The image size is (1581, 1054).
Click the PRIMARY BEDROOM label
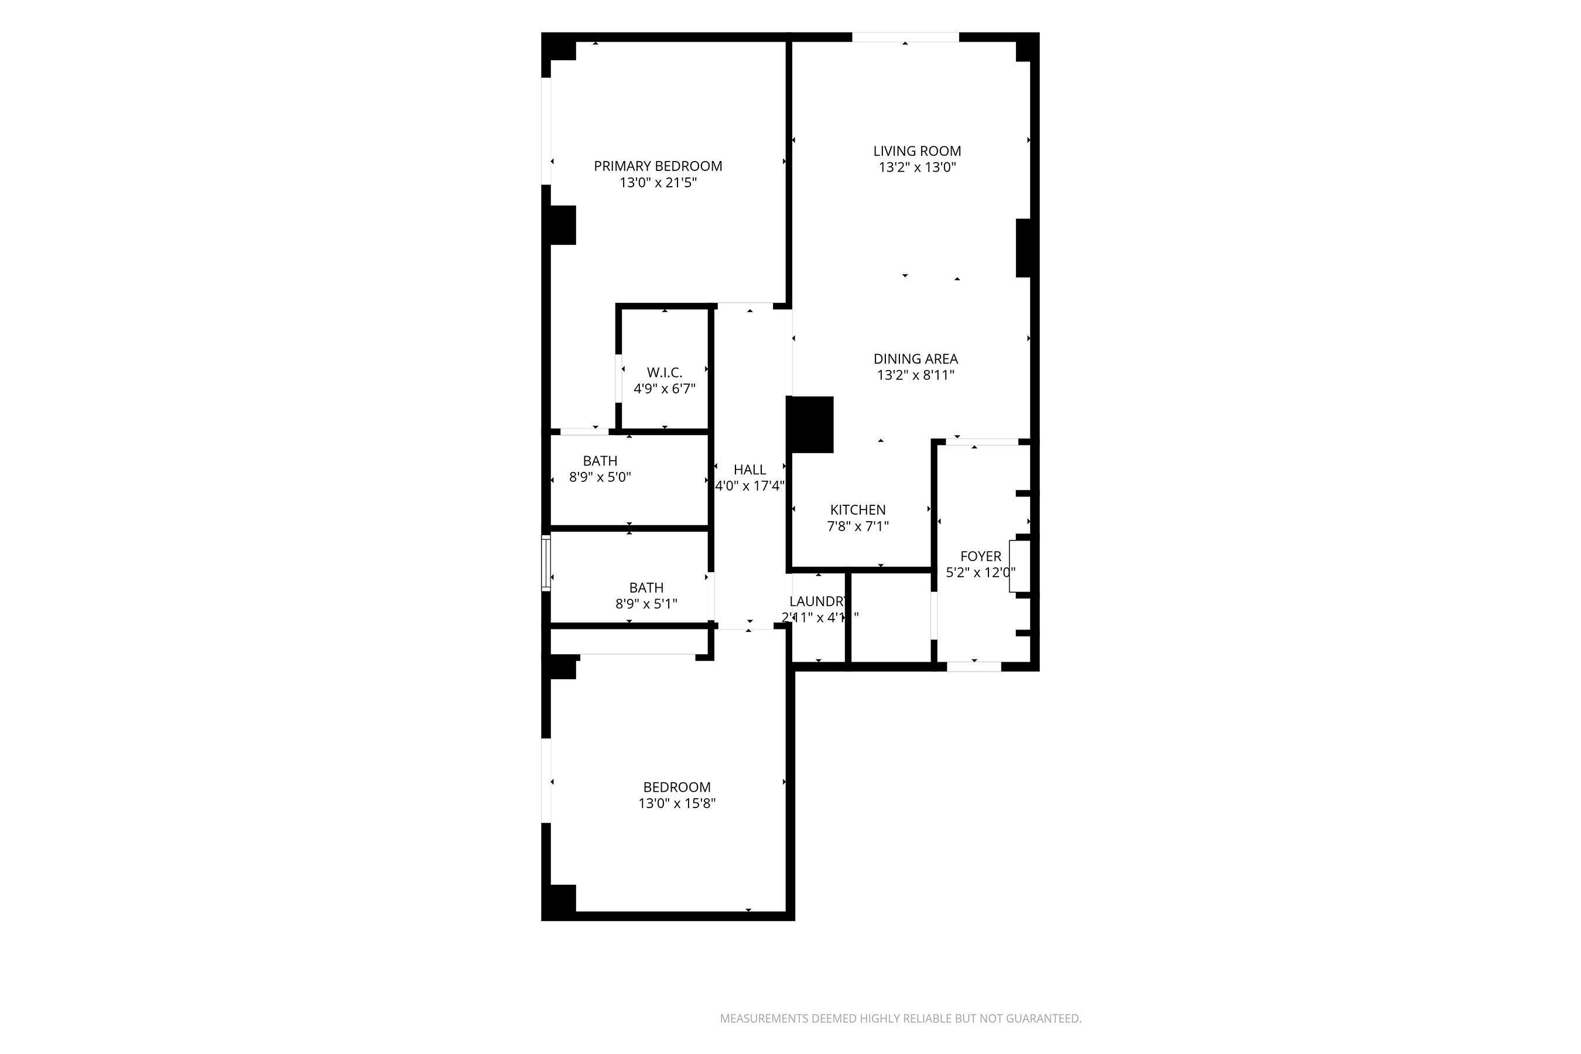pyautogui.click(x=658, y=166)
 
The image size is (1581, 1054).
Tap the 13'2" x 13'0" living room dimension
pyautogui.click(x=917, y=167)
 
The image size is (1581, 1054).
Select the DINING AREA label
pyautogui.click(x=916, y=359)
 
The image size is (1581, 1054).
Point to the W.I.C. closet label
pyautogui.click(x=664, y=372)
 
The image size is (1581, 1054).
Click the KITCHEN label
pyautogui.click(x=858, y=510)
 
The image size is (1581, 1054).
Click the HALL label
pyautogui.click(x=750, y=470)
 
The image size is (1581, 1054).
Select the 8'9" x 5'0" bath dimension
pyautogui.click(x=600, y=478)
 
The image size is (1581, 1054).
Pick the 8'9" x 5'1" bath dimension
pyautogui.click(x=646, y=604)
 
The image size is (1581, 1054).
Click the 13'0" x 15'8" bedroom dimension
pyautogui.click(x=677, y=803)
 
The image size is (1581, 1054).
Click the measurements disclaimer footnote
pyautogui.click(x=901, y=1018)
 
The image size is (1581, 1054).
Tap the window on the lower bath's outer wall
pyautogui.click(x=546, y=563)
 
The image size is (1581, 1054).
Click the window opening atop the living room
pyautogui.click(x=905, y=37)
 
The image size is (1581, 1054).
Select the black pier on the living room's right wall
pyautogui.click(x=1022, y=248)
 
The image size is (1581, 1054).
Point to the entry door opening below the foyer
pyautogui.click(x=973, y=667)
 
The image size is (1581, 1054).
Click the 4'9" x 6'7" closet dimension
pyautogui.click(x=664, y=389)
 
